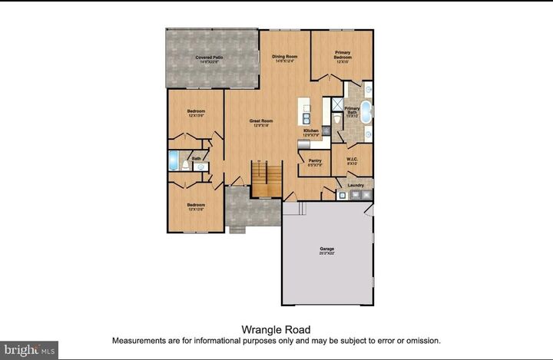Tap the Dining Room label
tap(285, 58)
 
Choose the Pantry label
tap(315, 162)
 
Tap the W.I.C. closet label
tap(353, 161)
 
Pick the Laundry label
tap(355, 185)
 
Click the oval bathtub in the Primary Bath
tap(366, 112)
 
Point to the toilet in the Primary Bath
tap(337, 121)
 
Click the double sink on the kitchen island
tap(306, 119)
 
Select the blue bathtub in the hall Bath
tap(174, 162)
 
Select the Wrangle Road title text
tap(276, 329)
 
